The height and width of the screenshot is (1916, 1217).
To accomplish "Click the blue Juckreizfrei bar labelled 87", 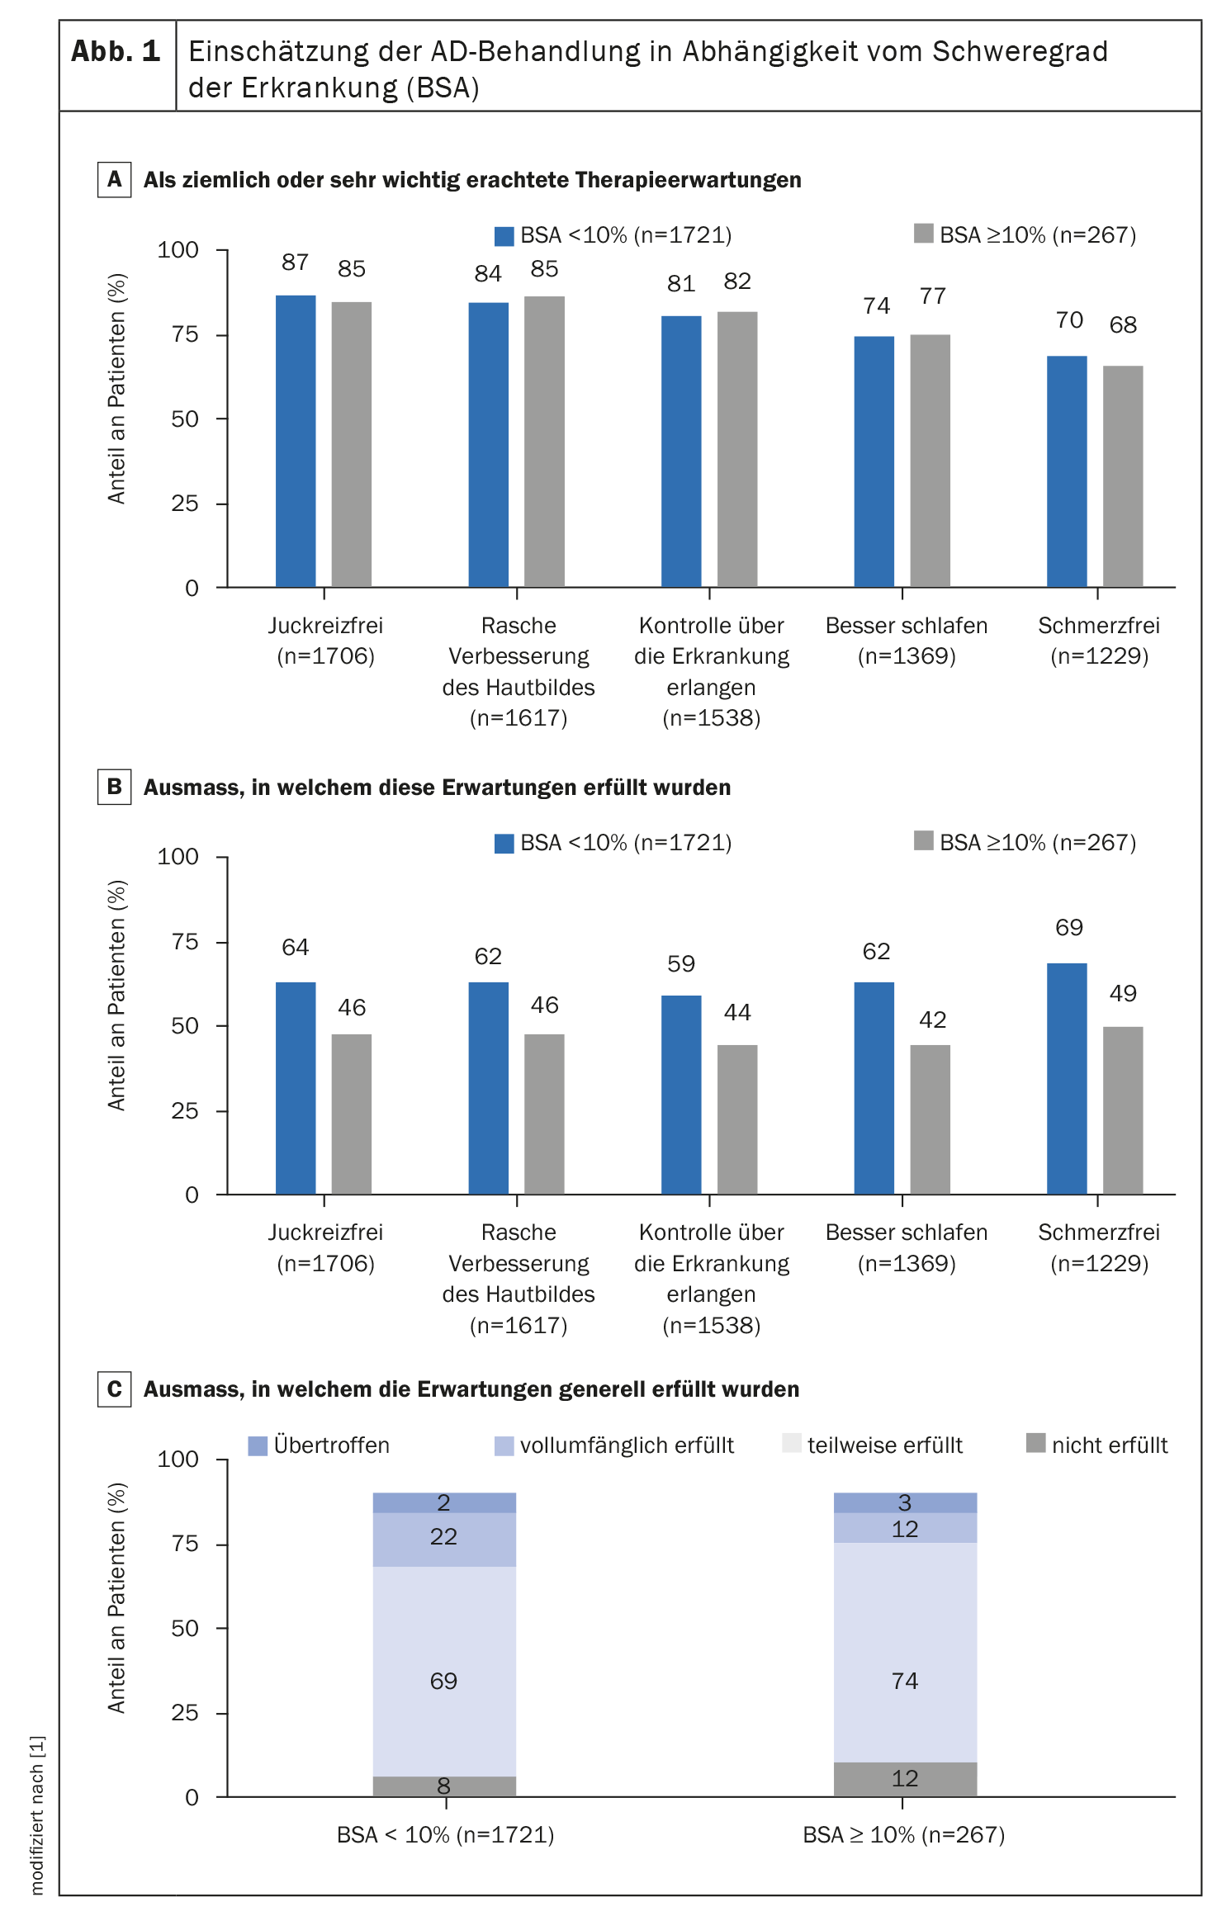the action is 296,441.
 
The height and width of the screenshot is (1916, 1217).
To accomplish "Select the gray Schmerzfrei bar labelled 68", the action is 1123,476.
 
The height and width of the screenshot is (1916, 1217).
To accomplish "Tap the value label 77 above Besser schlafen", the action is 933,296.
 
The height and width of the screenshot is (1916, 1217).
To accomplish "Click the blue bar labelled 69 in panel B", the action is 1067,1078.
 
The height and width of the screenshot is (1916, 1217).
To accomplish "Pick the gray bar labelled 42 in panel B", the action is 931,1119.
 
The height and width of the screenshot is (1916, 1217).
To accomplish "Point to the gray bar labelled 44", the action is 737,1119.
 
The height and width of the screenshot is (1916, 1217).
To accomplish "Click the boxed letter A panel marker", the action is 114,179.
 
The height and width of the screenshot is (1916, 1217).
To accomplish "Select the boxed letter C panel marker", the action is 114,1389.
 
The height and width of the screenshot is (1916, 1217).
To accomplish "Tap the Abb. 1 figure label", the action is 116,52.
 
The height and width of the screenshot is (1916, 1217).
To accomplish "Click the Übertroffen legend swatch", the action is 258,1445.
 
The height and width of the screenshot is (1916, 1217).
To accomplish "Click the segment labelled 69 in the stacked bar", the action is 444,1672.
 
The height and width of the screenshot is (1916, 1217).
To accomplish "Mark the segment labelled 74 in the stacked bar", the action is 905,1653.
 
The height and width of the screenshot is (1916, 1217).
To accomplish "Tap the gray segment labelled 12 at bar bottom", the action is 905,1779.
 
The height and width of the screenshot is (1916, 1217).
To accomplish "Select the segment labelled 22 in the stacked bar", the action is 444,1540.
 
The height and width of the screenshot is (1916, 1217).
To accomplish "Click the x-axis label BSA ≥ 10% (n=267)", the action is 904,1834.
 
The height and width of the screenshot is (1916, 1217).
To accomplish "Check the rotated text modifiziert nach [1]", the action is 37,1814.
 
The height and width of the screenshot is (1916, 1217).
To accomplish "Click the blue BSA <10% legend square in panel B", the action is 504,843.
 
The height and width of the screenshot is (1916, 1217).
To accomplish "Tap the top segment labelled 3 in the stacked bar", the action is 905,1502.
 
